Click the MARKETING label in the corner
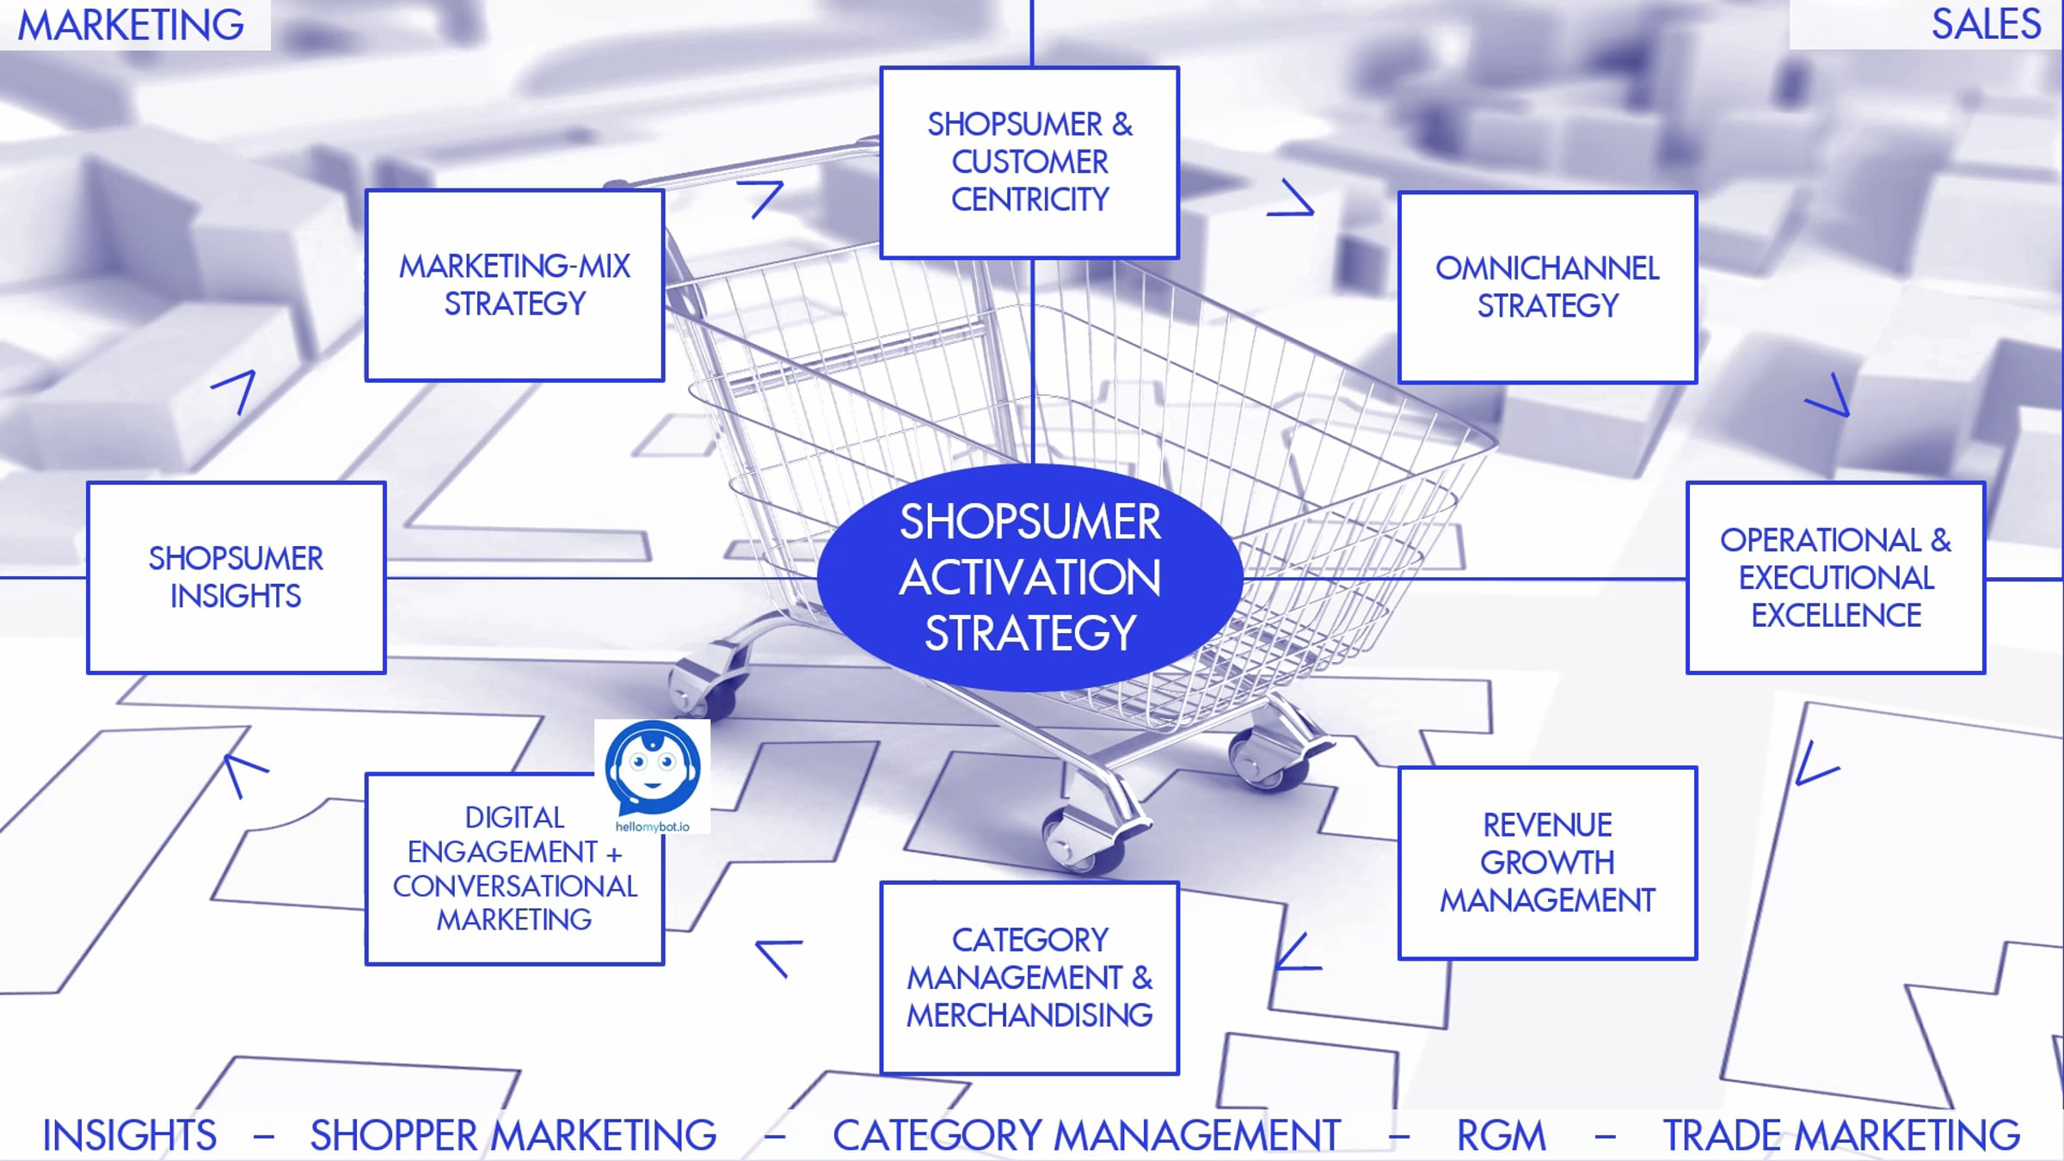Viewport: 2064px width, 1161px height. (131, 25)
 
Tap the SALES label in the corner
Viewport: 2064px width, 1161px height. (1986, 24)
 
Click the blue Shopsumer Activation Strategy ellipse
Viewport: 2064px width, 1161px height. (1029, 577)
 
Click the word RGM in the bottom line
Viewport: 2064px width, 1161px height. (1501, 1135)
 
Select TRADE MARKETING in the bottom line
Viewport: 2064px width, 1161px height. (1841, 1135)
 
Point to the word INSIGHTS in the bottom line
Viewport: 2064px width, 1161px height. (129, 1135)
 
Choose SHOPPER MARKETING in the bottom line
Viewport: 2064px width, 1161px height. (513, 1135)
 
